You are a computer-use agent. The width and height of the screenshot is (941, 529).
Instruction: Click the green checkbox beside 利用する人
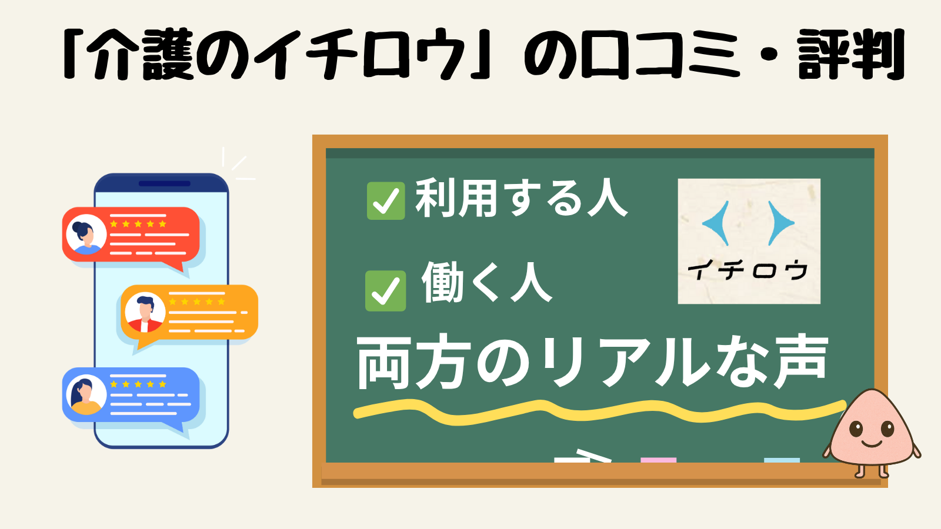click(386, 200)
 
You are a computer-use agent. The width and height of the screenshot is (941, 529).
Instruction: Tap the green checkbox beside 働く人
click(385, 290)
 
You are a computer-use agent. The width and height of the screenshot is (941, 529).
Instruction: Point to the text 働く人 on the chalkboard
click(486, 282)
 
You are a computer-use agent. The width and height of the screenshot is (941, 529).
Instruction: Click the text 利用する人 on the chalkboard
click(521, 197)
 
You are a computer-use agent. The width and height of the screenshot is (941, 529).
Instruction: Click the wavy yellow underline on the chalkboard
click(600, 412)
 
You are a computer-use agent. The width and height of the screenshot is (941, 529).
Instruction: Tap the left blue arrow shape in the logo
click(717, 223)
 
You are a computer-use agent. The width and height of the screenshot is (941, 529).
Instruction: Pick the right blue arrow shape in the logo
click(780, 223)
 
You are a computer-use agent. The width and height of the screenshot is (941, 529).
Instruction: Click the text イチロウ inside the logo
click(748, 270)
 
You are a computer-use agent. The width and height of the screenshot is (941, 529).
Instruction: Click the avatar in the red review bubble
click(86, 235)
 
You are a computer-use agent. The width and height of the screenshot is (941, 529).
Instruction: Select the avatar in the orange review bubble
click(145, 312)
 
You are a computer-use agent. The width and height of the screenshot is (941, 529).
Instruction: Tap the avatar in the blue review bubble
click(86, 394)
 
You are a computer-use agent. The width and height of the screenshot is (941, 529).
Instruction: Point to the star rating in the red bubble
click(138, 224)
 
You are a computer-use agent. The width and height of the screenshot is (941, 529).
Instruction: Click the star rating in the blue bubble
click(138, 384)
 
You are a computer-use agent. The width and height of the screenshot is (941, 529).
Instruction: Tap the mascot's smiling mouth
click(871, 444)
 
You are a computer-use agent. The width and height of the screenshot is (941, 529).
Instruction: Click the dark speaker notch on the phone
click(164, 183)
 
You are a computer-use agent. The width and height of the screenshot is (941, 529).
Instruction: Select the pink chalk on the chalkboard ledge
click(658, 460)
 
